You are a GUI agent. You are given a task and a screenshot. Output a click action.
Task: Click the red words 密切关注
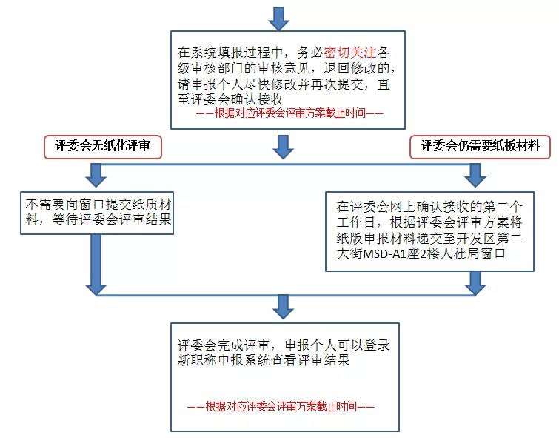click(x=350, y=53)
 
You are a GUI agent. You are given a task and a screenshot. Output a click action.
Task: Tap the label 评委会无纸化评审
click(x=103, y=146)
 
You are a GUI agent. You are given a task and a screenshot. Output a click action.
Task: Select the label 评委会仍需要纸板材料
click(x=480, y=146)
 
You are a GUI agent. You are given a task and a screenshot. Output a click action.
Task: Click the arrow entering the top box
click(x=279, y=19)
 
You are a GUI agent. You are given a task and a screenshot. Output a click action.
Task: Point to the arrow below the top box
click(x=283, y=147)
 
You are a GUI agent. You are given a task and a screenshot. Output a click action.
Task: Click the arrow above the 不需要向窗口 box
click(x=96, y=175)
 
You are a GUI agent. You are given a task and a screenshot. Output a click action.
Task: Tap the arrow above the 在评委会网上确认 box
click(x=475, y=175)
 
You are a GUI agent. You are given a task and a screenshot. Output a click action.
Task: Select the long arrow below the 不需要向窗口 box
click(x=96, y=265)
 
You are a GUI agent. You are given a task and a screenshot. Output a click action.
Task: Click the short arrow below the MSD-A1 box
click(x=475, y=283)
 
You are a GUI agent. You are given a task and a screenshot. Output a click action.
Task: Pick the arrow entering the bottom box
click(x=283, y=307)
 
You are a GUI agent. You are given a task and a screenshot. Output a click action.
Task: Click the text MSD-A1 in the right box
click(x=381, y=253)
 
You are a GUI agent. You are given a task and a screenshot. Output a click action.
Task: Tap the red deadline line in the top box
click(x=289, y=113)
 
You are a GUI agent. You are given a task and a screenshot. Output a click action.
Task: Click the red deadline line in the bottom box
click(x=281, y=406)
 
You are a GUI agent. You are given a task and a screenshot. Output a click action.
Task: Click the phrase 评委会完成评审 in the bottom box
click(x=224, y=345)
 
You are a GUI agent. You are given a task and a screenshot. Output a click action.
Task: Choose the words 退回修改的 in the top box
click(x=358, y=68)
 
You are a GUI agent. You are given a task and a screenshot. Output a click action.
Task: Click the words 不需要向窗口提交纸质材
click(x=98, y=205)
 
